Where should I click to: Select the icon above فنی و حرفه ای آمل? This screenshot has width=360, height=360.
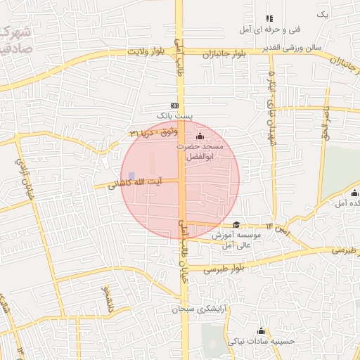(x=269, y=19)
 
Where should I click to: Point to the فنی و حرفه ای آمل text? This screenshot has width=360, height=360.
(x=270, y=30)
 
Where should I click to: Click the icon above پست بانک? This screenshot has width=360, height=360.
(x=175, y=104)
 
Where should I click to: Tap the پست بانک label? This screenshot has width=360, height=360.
(x=175, y=115)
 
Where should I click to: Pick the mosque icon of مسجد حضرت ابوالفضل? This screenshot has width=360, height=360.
(x=200, y=136)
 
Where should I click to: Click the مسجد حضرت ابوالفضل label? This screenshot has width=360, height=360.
(x=200, y=151)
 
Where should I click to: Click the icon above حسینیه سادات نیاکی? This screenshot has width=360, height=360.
(x=262, y=330)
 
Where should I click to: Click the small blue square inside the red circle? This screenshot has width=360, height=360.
(x=131, y=176)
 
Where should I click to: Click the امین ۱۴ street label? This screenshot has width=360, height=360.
(x=276, y=229)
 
